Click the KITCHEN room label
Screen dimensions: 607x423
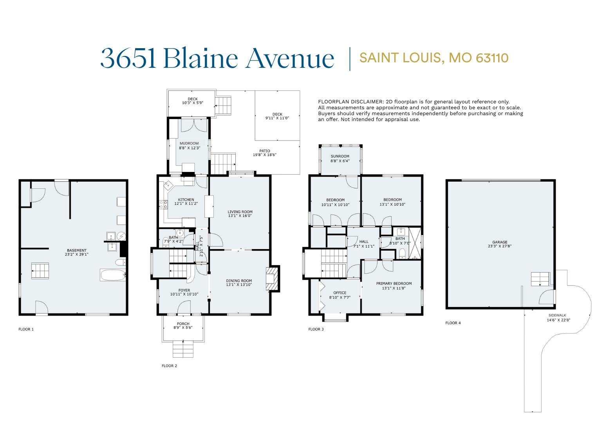click(186, 200)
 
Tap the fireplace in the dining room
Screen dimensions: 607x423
click(272, 279)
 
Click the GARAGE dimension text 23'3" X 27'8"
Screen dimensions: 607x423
click(500, 246)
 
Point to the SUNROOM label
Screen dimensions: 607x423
click(340, 156)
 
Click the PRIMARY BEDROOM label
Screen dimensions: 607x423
click(394, 284)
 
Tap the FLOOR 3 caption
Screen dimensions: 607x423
click(316, 329)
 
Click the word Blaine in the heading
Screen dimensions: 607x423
click(201, 58)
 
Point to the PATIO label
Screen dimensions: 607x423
click(264, 151)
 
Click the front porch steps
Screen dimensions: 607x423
click(183, 349)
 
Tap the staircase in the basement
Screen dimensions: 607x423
click(40, 271)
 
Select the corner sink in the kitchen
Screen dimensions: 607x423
click(168, 185)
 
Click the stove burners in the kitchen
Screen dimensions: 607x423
click(163, 204)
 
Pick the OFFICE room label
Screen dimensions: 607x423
click(340, 293)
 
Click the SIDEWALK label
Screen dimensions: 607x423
click(557, 315)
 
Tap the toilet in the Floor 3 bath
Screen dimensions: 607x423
click(402, 254)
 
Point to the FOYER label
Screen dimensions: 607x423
click(184, 290)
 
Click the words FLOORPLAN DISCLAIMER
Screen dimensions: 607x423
click(351, 102)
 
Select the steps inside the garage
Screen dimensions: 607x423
click(540, 279)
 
